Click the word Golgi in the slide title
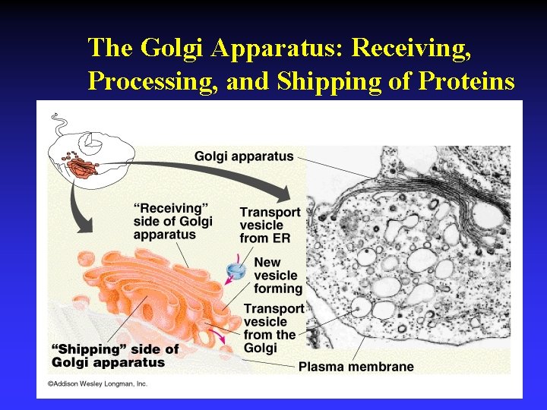pyautogui.click(x=173, y=48)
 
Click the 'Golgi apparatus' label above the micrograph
pyautogui.click(x=244, y=156)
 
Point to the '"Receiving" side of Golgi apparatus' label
pyautogui.click(x=173, y=221)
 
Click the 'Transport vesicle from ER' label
pyautogui.click(x=270, y=225)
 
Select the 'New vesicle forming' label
pyautogui.click(x=278, y=276)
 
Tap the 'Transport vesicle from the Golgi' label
pyautogui.click(x=273, y=328)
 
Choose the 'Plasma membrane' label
pyautogui.click(x=356, y=367)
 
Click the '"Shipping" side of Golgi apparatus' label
pyautogui.click(x=115, y=355)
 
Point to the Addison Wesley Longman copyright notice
pyautogui.click(x=98, y=383)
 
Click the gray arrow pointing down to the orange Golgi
pyautogui.click(x=77, y=205)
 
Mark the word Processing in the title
pyautogui.click(x=150, y=80)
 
